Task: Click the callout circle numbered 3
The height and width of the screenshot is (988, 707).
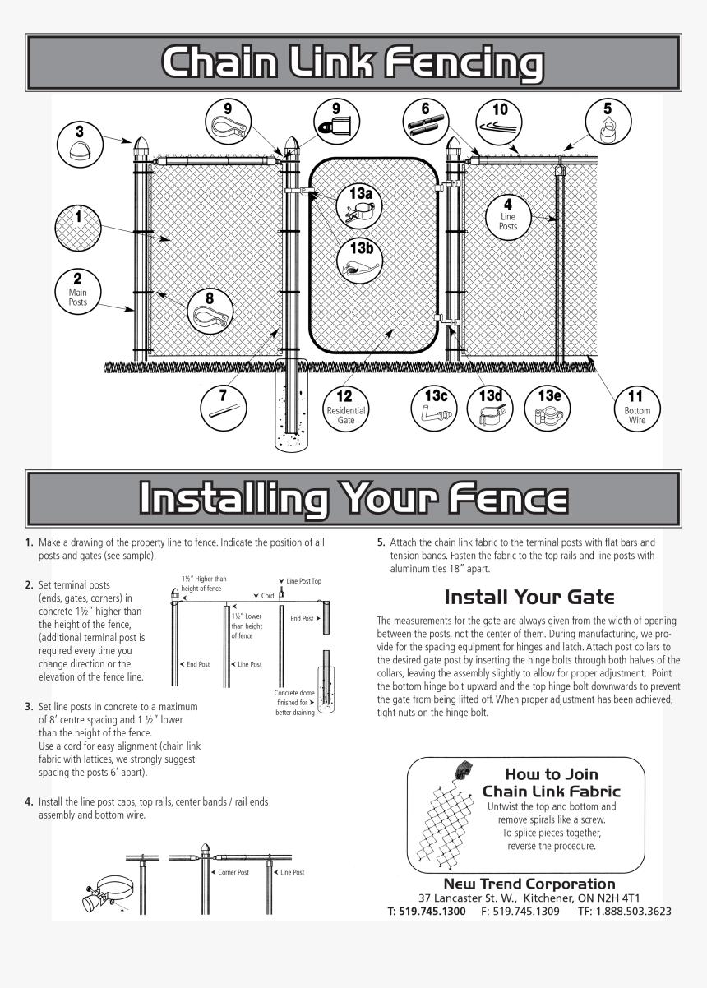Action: coord(79,145)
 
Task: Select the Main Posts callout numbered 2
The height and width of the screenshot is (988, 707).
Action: coord(77,291)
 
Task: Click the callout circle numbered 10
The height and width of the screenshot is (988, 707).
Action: coord(500,121)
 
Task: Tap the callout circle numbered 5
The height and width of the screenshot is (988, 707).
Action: coord(608,121)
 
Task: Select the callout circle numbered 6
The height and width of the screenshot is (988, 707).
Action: coord(426,121)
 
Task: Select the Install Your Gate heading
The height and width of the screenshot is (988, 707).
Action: coord(529,597)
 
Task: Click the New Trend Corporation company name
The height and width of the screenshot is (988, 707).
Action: coord(529,884)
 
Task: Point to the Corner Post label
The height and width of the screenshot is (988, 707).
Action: coord(233,872)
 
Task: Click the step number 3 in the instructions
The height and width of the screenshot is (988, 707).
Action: coord(29,706)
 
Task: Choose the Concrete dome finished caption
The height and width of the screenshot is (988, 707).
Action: coord(292,703)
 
